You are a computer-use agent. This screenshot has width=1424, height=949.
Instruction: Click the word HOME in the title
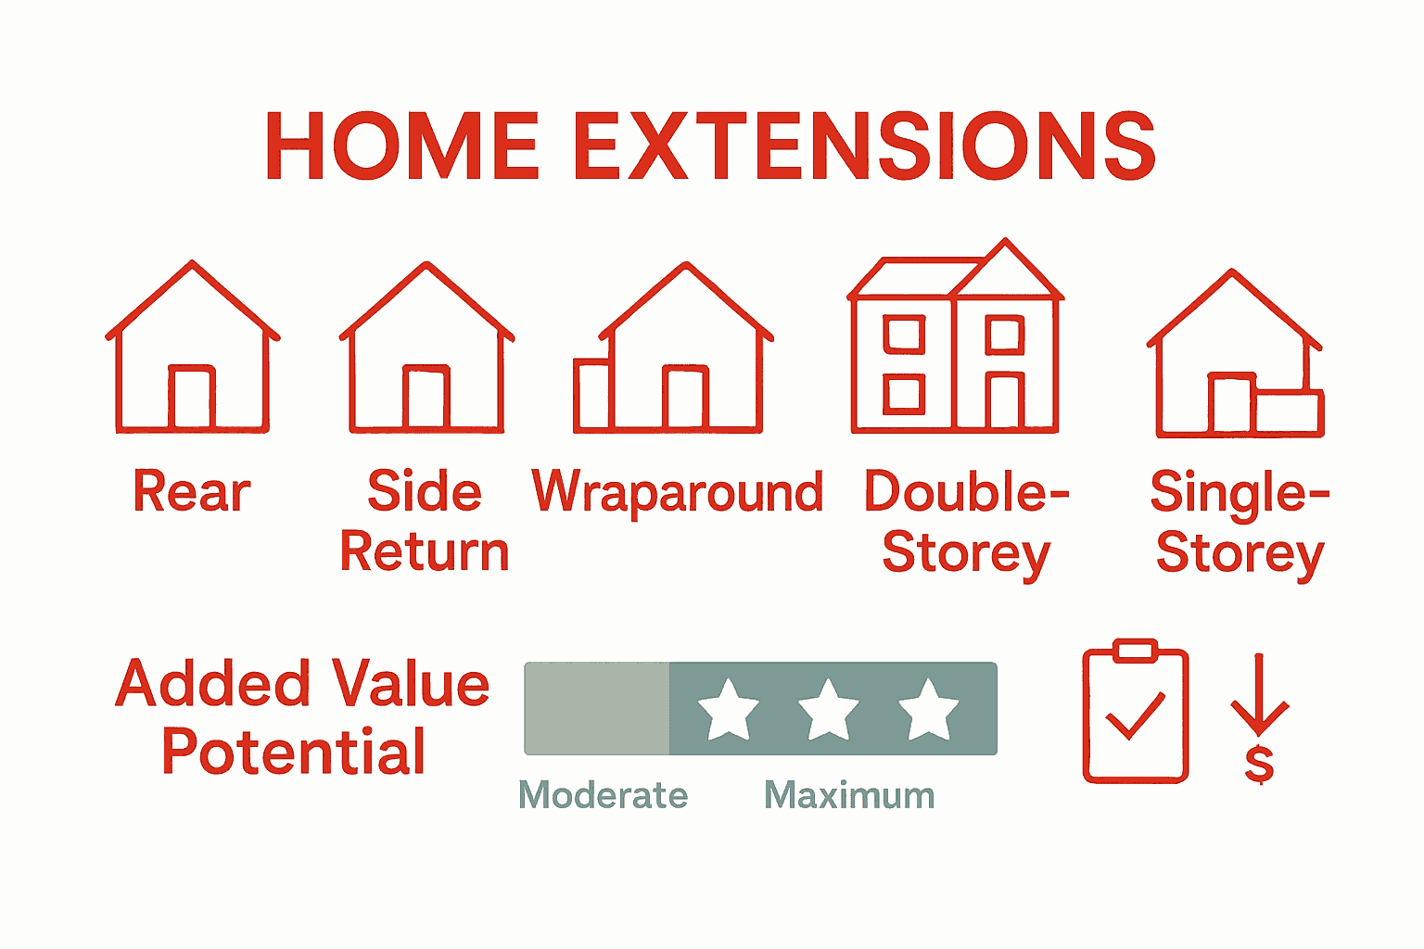(x=401, y=146)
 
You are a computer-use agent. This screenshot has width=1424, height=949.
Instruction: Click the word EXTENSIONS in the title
(x=864, y=146)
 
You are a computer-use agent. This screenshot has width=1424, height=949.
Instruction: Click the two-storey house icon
(x=956, y=338)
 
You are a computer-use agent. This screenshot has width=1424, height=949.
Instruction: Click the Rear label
(x=192, y=491)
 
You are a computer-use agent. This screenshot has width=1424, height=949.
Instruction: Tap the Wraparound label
(x=677, y=491)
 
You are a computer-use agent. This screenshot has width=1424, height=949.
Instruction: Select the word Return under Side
(x=425, y=552)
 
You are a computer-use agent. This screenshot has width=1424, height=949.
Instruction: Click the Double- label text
(x=966, y=491)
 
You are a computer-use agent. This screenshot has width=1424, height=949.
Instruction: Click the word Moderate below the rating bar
(x=604, y=795)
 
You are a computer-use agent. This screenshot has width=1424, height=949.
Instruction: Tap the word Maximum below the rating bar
(x=849, y=795)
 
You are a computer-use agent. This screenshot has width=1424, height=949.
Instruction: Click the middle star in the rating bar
(x=828, y=709)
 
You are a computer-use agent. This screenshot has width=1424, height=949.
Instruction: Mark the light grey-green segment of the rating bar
(x=597, y=709)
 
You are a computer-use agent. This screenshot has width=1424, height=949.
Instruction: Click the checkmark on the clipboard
(x=1135, y=716)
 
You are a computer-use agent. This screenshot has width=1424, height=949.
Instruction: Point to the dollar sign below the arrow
(x=1259, y=765)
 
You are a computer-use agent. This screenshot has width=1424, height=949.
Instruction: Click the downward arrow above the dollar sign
(x=1260, y=695)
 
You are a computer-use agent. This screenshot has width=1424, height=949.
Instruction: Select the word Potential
(x=293, y=752)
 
